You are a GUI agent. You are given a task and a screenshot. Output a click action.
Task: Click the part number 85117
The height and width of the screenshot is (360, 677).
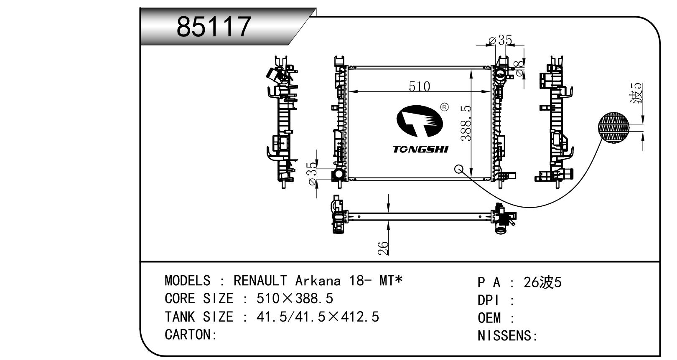point(214,27)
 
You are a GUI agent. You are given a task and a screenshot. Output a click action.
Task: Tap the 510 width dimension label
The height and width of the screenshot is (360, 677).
point(419,86)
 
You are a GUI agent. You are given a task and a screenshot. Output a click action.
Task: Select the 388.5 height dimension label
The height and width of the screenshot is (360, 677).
point(466,123)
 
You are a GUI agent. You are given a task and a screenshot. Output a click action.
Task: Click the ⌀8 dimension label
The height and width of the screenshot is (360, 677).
point(519,68)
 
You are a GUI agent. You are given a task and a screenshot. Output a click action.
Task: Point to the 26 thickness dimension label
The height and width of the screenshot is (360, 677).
point(383,248)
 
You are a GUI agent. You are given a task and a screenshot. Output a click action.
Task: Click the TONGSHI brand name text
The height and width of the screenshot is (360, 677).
point(420,149)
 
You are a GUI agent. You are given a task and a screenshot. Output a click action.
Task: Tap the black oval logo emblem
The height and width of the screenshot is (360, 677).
point(420,121)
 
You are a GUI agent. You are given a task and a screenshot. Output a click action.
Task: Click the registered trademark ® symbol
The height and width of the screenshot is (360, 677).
point(445,107)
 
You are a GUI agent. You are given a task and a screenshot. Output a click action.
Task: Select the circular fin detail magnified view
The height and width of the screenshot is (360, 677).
point(613,127)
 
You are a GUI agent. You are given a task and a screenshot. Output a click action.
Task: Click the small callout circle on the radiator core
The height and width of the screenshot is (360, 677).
point(459,169)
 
